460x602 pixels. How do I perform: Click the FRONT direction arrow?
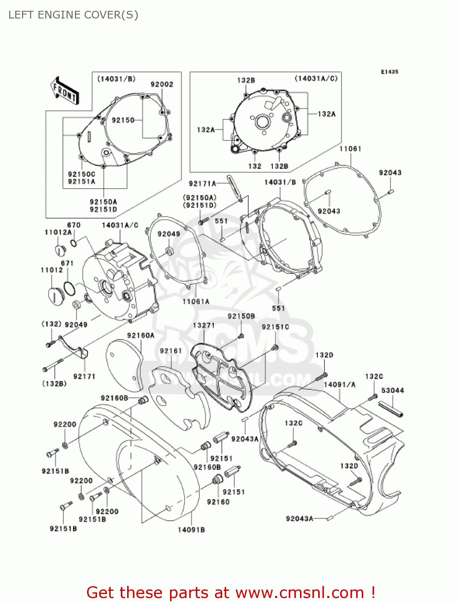64,92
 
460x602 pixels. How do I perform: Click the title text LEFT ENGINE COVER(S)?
73,15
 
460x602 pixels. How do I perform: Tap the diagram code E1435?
389,72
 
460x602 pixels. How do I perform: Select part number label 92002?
162,84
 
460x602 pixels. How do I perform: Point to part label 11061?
350,148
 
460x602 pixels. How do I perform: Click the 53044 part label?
393,390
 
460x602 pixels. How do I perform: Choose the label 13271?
204,325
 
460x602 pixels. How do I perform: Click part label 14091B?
191,530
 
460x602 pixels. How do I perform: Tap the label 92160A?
141,335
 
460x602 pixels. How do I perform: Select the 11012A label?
58,232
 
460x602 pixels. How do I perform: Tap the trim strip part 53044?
391,410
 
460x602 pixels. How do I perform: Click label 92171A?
203,183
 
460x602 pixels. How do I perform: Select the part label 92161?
171,351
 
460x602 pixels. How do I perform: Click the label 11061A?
196,301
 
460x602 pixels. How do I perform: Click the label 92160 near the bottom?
218,502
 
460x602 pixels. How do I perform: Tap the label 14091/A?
339,384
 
